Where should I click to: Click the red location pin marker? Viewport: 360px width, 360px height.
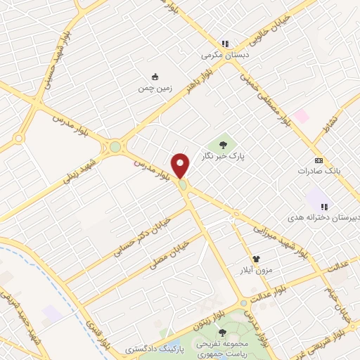[x=181, y=165]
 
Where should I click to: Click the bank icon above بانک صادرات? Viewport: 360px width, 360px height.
[x=318, y=161]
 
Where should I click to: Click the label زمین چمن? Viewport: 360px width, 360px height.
[x=155, y=88]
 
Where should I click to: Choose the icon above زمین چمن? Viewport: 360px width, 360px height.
[x=155, y=77]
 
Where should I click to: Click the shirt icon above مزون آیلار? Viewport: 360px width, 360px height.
[x=266, y=259]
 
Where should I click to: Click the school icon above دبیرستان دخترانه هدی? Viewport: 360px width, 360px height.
[x=324, y=207]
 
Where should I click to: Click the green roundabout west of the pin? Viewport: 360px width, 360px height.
[x=115, y=147]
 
